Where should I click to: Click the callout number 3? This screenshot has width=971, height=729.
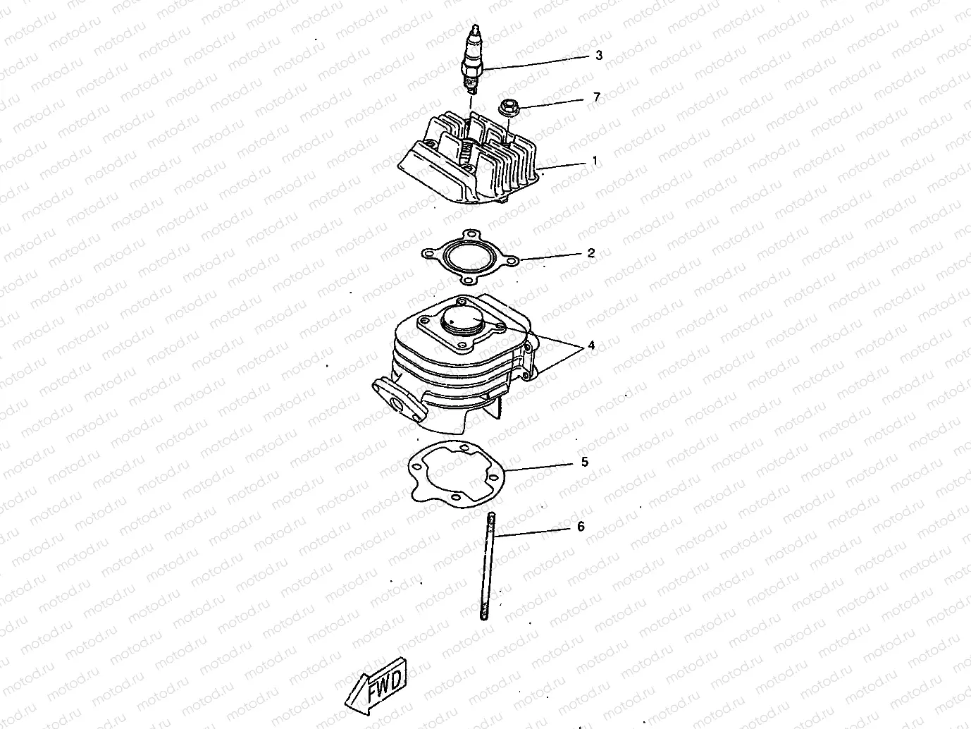click(598, 55)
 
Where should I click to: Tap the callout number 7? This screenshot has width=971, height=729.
click(597, 97)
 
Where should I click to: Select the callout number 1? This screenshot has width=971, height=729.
click(594, 161)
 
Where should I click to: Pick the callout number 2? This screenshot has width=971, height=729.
click(591, 252)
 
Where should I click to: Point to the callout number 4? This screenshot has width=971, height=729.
click(591, 345)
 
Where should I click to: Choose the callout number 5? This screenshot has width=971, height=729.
click(585, 462)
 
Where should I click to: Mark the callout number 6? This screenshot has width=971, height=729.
click(581, 527)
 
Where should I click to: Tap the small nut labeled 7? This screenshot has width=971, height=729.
click(507, 108)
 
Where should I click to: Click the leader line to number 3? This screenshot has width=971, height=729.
click(536, 61)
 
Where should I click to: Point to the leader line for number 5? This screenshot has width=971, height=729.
click(543, 467)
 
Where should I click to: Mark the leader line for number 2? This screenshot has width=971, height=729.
click(553, 256)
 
